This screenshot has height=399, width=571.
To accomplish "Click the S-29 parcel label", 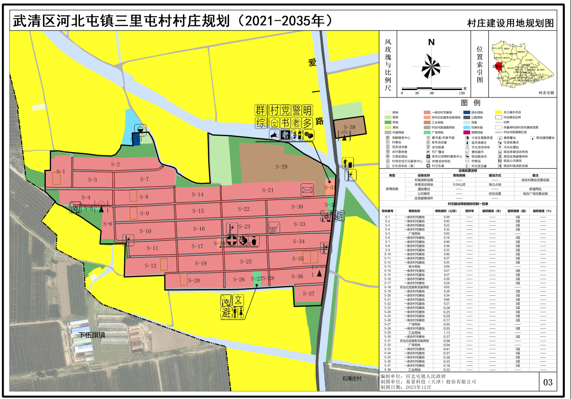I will pos(282,167).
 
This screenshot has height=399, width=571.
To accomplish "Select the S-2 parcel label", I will pos(115,164).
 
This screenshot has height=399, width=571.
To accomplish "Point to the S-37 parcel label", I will pos(308,293).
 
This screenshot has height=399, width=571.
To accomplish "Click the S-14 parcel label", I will pos(198,195).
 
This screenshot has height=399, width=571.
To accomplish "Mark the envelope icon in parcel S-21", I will pos(307,190).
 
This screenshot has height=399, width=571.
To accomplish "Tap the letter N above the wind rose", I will pos(431,43).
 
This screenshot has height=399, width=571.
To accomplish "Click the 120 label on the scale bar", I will pos(461,93).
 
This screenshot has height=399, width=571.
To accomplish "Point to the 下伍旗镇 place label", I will pos(91,335).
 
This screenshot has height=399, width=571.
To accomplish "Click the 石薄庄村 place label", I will pos(353,379).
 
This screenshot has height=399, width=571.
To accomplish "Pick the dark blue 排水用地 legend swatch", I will pos(467,113).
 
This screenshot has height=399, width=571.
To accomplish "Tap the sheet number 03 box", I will pos(547,382).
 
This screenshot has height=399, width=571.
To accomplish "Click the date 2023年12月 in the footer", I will pos(424,387).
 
